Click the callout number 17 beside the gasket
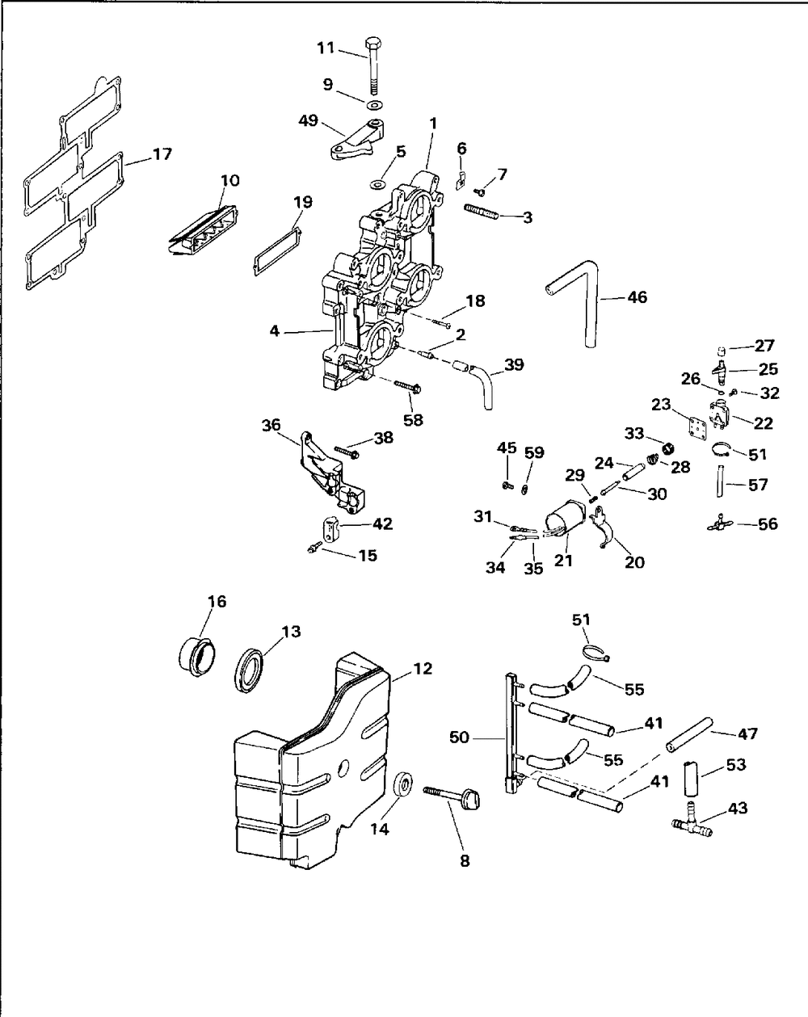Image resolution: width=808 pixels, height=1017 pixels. click(x=162, y=154)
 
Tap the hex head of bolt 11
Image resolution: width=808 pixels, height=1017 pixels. click(x=373, y=43)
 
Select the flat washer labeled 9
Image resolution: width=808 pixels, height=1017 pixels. click(x=374, y=104)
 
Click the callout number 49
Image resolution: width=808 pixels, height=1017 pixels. click(x=309, y=120)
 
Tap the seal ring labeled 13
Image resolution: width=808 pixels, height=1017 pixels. click(x=250, y=671)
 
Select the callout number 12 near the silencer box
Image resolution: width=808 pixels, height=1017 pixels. click(x=423, y=668)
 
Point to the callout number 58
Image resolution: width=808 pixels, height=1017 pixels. click(x=413, y=420)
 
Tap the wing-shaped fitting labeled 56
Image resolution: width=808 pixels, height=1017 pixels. click(x=720, y=523)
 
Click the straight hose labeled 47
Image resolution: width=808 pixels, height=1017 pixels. click(x=689, y=735)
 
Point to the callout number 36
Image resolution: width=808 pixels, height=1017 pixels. click(x=271, y=425)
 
